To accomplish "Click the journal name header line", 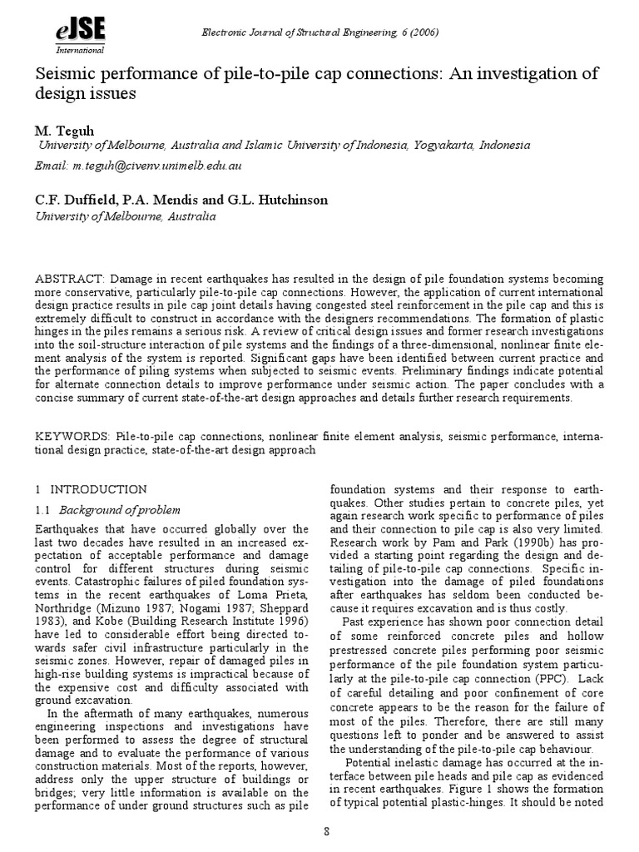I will click(x=321, y=32).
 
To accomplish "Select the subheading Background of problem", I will click(x=125, y=509).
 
